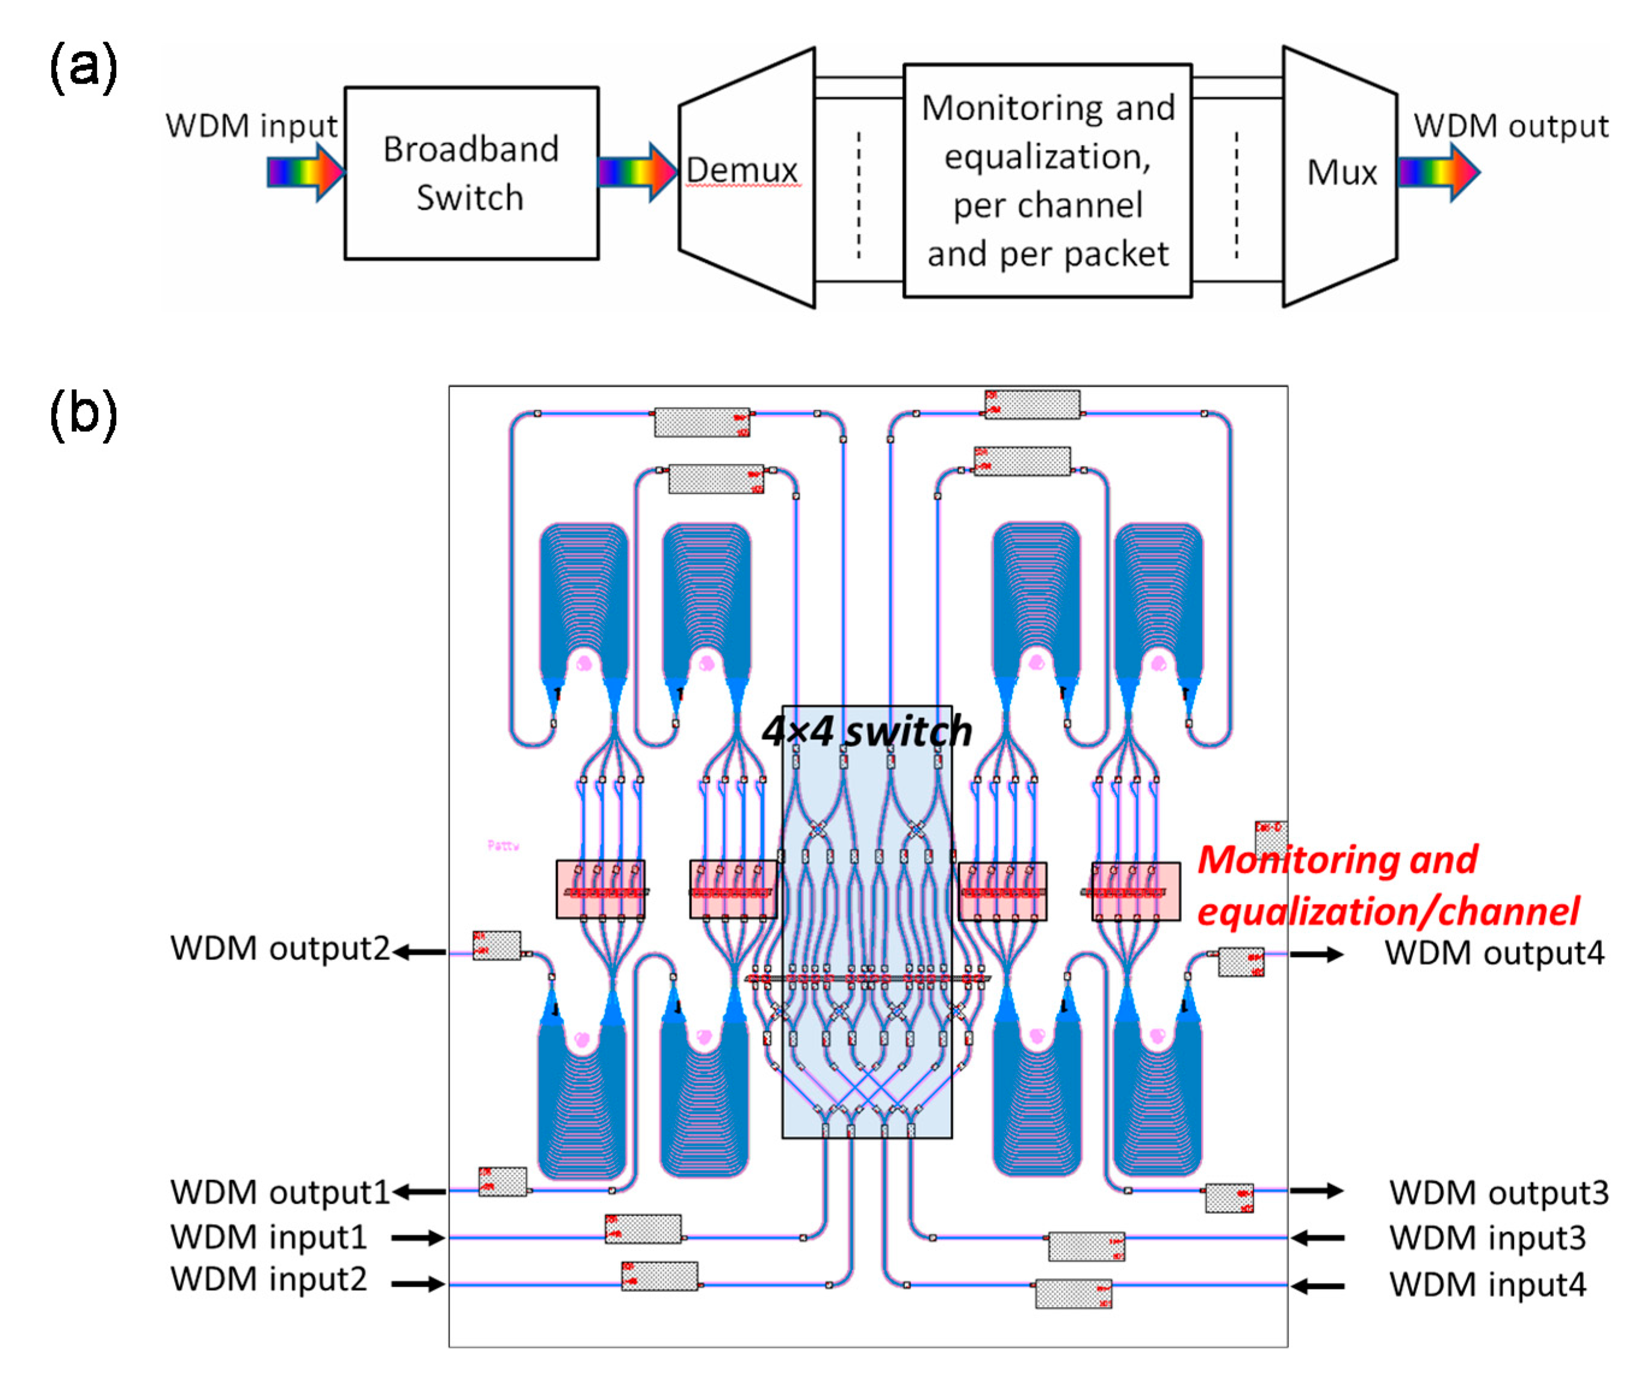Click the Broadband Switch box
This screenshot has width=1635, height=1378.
[471, 173]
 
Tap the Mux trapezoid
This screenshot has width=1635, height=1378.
[1340, 176]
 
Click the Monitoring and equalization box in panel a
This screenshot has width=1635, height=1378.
[1046, 180]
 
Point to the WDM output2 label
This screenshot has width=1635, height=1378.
[280, 949]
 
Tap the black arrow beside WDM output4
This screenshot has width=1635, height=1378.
[1316, 954]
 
